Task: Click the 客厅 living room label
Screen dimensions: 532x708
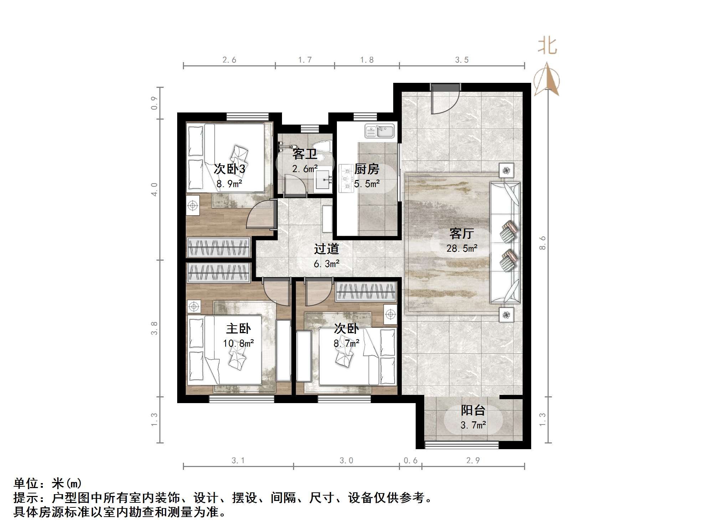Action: point(461,234)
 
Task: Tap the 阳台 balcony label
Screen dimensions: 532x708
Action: point(473,410)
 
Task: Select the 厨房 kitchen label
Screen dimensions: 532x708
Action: point(366,169)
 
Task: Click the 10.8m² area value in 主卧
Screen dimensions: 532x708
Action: point(238,343)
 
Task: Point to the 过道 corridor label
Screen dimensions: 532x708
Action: point(326,249)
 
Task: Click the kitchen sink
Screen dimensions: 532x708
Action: point(380,131)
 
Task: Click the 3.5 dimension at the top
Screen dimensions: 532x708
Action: point(462,60)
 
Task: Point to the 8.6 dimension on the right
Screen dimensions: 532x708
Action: point(542,243)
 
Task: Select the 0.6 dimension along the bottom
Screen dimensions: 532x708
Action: point(410,461)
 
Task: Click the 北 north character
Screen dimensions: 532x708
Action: point(547,46)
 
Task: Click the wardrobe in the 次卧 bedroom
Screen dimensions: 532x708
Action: point(366,291)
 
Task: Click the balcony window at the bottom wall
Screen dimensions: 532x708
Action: point(462,445)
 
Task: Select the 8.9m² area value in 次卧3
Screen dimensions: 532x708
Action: point(229,184)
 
